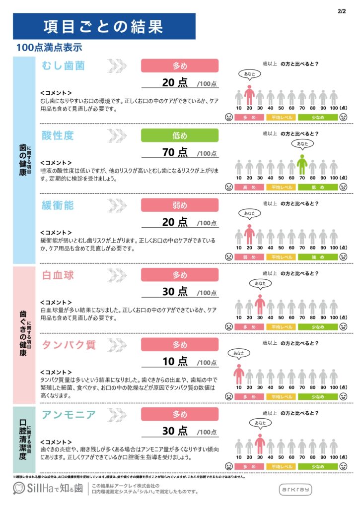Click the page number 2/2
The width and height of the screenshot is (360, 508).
(341, 10)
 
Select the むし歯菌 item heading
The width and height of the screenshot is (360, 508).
(64, 66)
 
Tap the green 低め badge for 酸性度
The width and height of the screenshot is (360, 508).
(180, 135)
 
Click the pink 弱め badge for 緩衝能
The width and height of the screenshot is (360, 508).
(180, 205)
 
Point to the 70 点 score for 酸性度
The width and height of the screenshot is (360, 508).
(175, 152)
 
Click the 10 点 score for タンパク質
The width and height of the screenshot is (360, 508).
(175, 361)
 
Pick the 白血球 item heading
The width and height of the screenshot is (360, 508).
(58, 275)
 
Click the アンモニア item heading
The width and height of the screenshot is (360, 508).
(68, 415)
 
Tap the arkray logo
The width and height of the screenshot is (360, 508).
(296, 489)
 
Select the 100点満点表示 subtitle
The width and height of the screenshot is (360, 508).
(49, 48)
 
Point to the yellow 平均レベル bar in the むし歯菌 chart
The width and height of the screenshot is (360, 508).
(281, 118)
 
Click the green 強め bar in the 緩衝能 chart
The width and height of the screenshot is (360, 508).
(318, 257)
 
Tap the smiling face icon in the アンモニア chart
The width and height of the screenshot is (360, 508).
(344, 467)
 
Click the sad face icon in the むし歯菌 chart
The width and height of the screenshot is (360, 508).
(229, 118)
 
